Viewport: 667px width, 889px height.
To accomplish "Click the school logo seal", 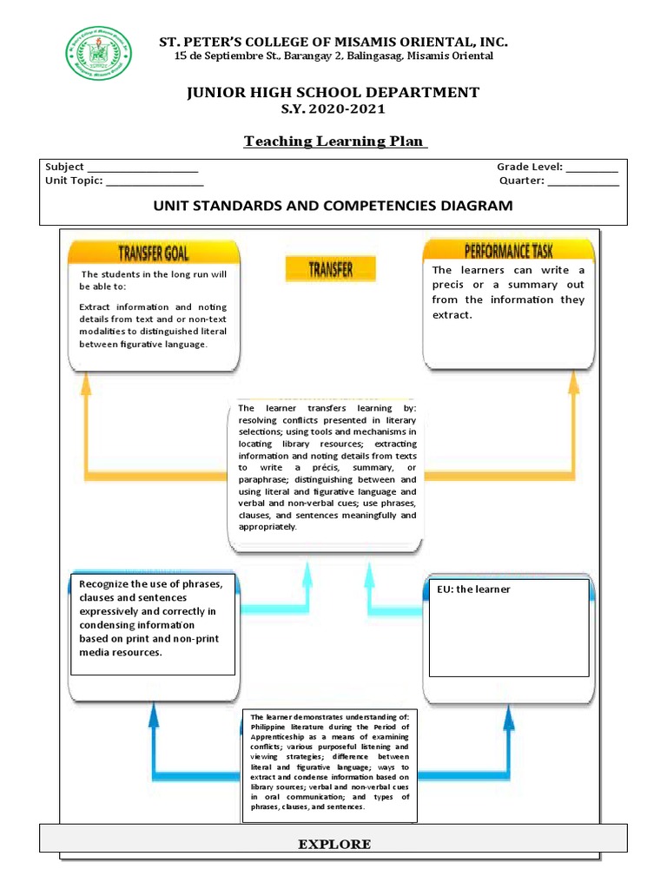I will click(x=100, y=54).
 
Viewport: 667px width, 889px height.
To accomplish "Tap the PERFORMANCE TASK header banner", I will click(x=508, y=253).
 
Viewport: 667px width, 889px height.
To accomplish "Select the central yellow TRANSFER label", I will click(x=331, y=269).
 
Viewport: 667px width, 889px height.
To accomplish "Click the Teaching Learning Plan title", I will click(x=336, y=142).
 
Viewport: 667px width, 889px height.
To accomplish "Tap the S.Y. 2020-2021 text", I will click(x=333, y=109).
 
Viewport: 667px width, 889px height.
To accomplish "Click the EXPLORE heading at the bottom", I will click(x=334, y=844).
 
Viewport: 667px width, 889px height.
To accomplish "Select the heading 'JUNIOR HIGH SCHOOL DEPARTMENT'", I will click(x=333, y=92).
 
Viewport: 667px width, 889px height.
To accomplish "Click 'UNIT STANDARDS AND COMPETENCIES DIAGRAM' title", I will click(x=333, y=206).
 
